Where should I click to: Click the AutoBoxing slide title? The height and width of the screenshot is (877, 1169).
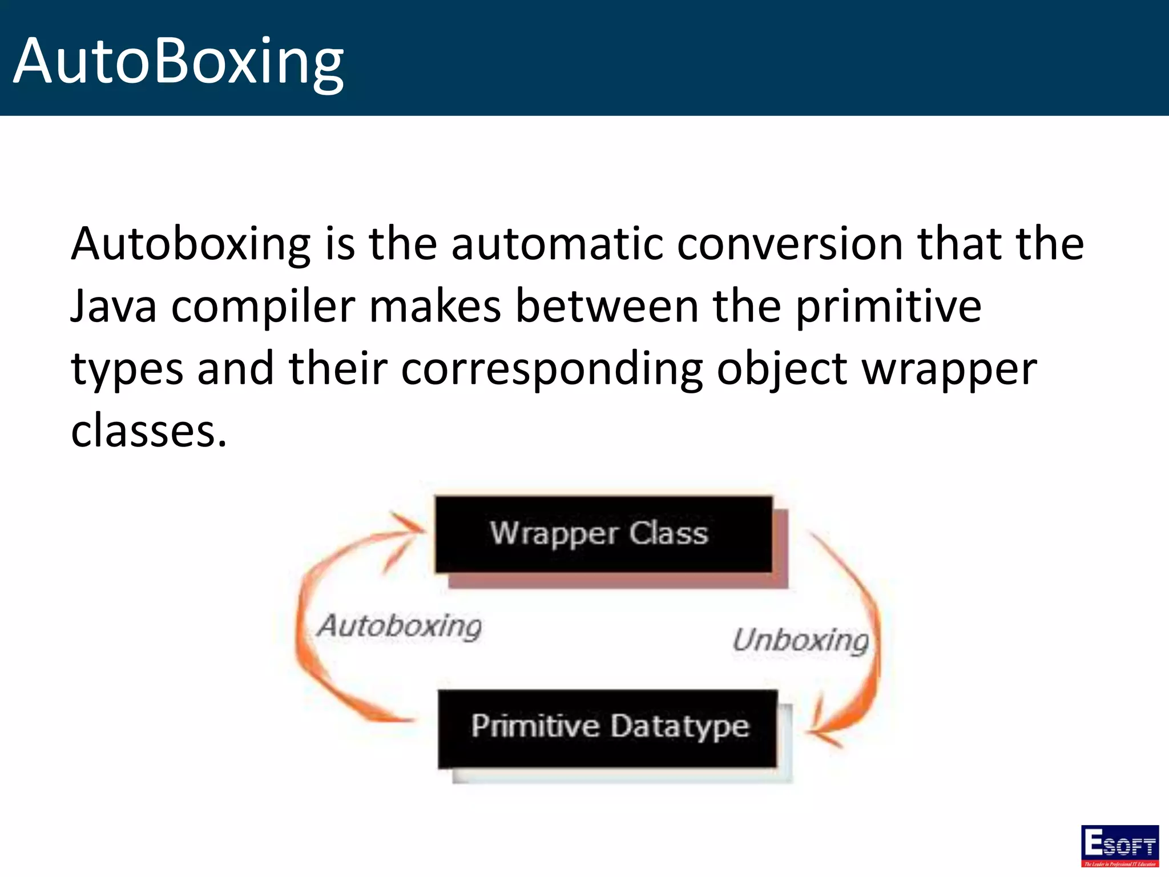tap(178, 61)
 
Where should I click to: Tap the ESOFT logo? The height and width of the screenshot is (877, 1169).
tap(1119, 845)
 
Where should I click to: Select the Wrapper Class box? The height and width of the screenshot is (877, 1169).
tap(603, 534)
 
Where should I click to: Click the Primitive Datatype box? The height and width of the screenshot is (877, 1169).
tap(608, 728)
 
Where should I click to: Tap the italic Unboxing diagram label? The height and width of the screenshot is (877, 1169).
tap(800, 641)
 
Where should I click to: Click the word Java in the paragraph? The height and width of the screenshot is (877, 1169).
tap(114, 307)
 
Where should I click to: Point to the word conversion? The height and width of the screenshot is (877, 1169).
tap(790, 244)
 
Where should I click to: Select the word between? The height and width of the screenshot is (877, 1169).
tap(607, 307)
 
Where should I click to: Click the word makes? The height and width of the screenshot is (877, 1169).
tap(435, 307)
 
